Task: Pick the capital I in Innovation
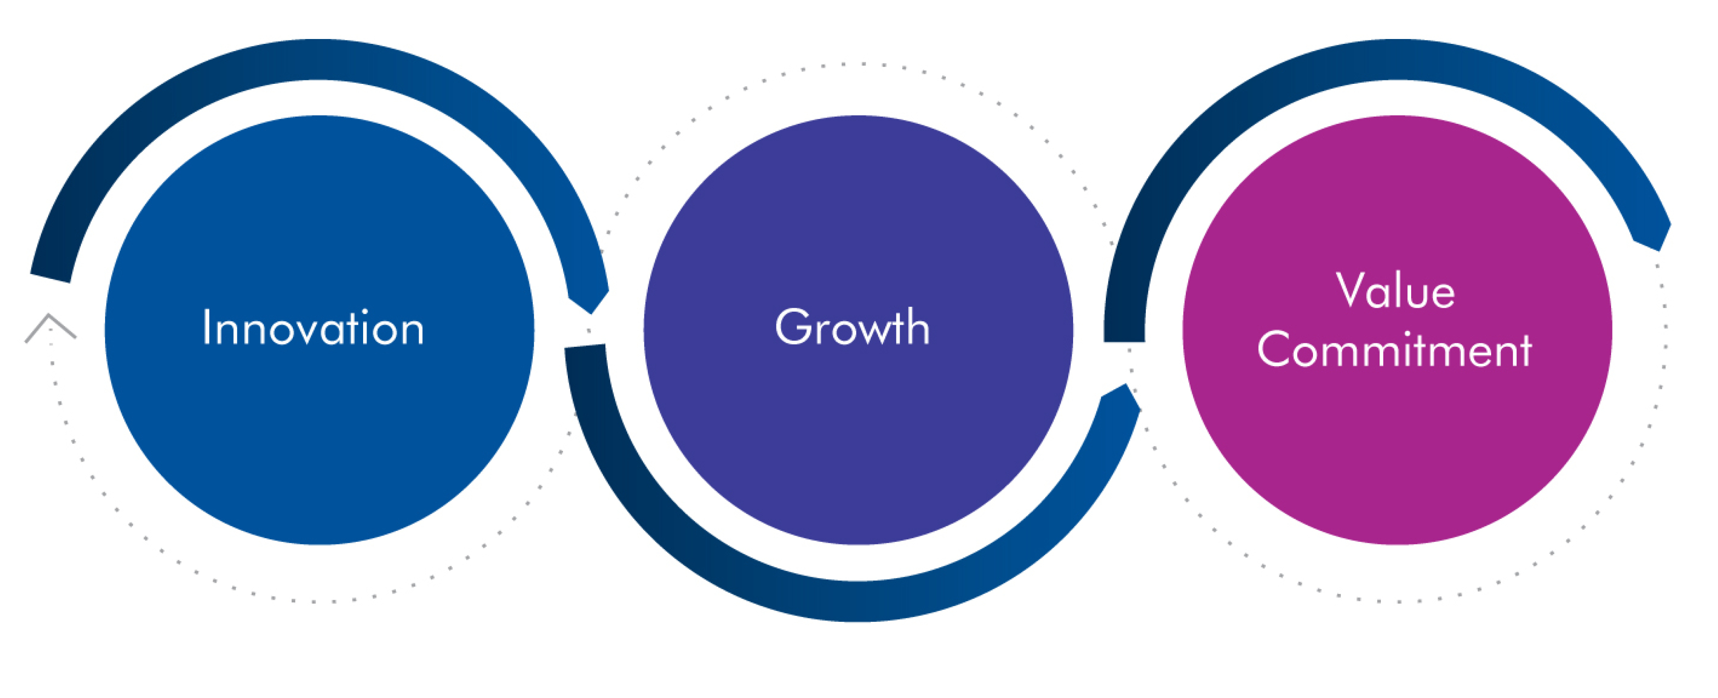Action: pos(206,327)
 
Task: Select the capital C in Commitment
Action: pos(1275,349)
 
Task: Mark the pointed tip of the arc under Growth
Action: pos(1127,386)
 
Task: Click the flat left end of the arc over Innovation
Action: pos(50,278)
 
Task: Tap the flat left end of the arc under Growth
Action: pos(585,346)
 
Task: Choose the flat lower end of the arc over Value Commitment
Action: pos(1125,341)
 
